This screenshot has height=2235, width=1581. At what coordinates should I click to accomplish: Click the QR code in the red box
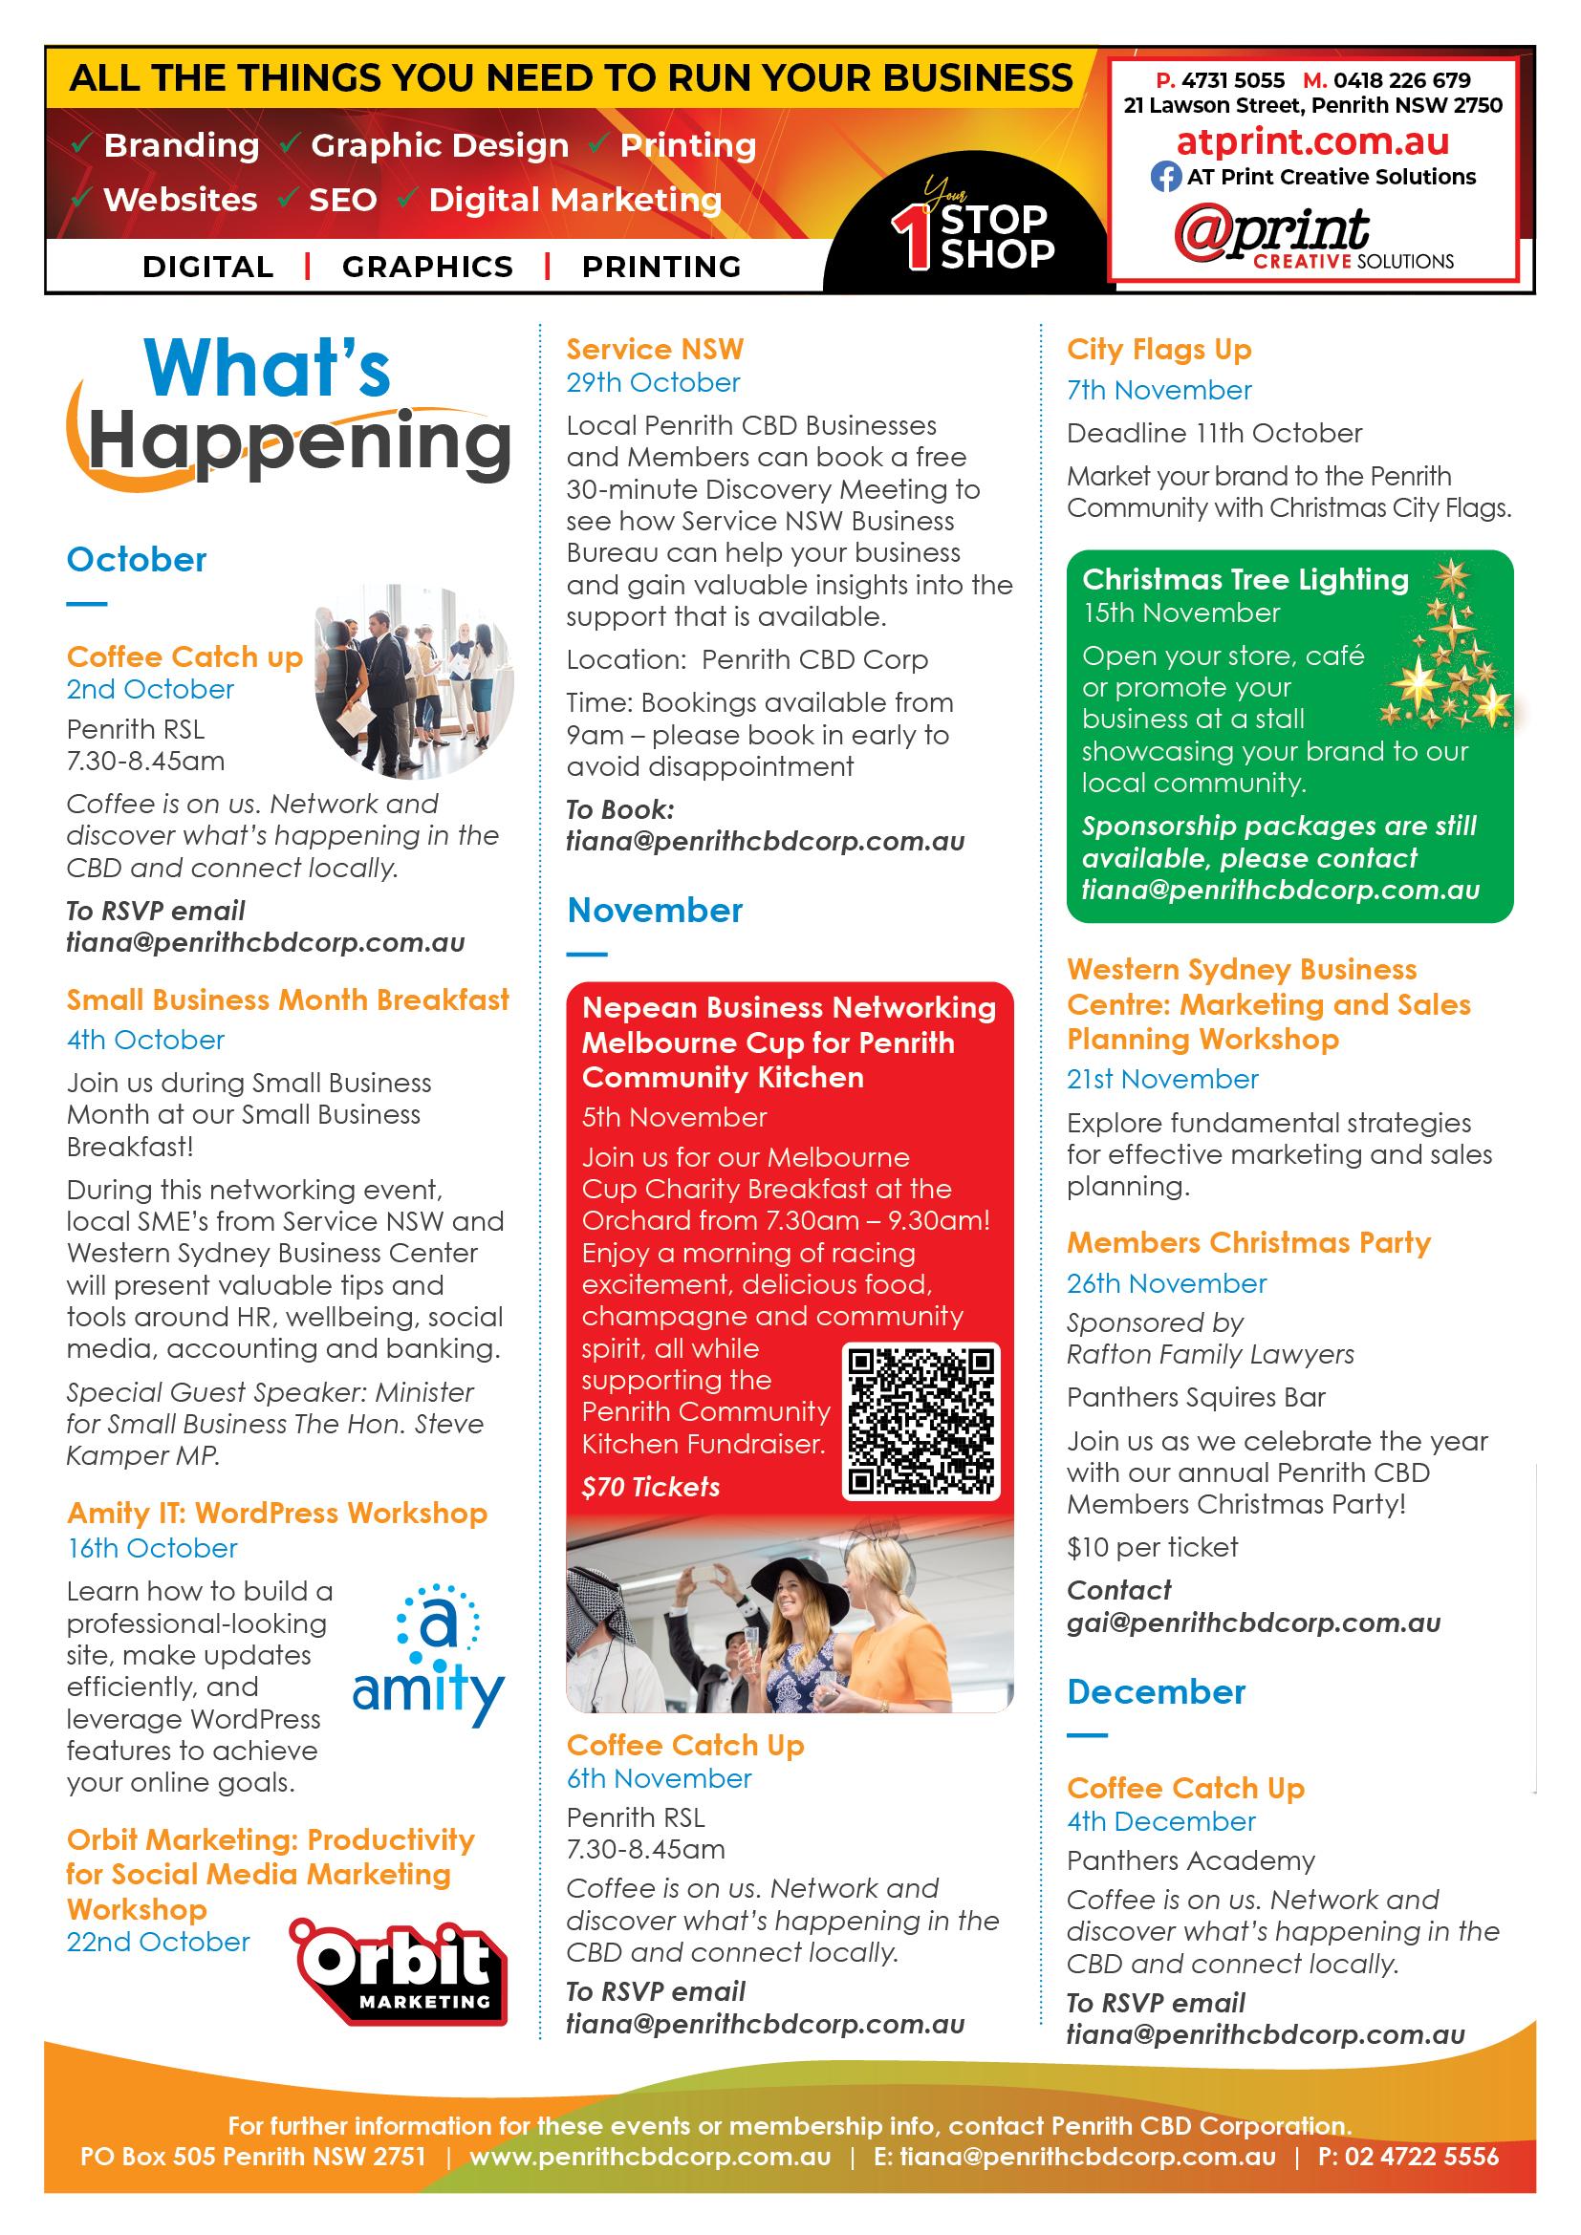click(920, 1422)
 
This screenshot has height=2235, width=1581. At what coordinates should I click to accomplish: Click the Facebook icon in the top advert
click(1165, 177)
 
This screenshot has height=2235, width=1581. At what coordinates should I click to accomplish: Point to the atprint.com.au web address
click(1312, 142)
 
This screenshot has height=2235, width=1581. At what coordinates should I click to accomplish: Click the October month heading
click(137, 560)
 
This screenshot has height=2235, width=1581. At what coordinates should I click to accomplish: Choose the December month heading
click(1156, 1692)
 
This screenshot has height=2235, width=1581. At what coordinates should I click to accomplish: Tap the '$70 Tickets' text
click(650, 1487)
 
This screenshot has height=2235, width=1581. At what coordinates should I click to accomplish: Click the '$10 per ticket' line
click(1152, 1547)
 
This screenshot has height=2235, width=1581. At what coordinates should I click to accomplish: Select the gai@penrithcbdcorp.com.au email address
click(1253, 1623)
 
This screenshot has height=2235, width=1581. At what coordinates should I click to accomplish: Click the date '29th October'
click(653, 382)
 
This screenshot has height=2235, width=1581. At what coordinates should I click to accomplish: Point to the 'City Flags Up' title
click(1159, 350)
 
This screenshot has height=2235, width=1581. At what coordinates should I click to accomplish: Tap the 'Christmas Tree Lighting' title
click(1245, 579)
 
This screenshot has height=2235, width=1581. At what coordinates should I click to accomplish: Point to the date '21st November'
click(1162, 1079)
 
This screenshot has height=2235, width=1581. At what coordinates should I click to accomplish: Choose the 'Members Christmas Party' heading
click(1248, 1243)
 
